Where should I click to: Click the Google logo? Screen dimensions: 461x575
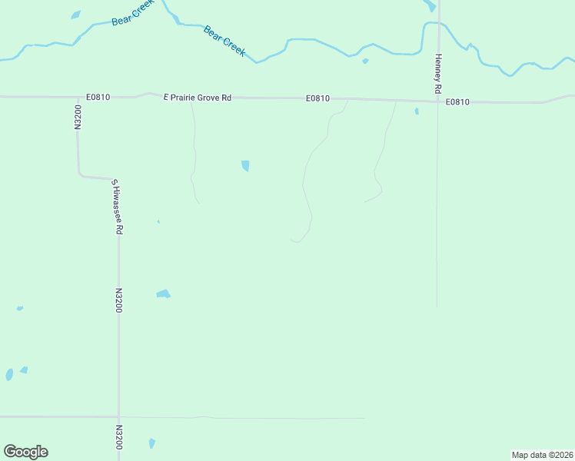(x=25, y=452)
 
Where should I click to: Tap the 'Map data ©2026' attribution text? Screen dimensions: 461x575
(x=542, y=455)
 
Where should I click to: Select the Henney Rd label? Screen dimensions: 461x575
(x=438, y=73)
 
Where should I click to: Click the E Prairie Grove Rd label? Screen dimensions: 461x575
(x=198, y=98)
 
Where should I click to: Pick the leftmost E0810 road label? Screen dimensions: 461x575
(x=98, y=97)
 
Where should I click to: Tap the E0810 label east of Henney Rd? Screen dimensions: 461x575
(x=457, y=101)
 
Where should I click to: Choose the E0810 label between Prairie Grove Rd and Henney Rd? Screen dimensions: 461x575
(x=317, y=98)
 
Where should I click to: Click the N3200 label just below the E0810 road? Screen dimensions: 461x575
(x=78, y=118)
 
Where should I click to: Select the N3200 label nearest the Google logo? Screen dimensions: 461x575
(x=119, y=437)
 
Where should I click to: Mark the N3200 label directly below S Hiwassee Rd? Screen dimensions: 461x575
(x=119, y=300)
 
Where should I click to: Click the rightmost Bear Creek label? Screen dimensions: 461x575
(x=224, y=41)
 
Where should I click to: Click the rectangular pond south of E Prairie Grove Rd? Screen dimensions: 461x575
(x=245, y=165)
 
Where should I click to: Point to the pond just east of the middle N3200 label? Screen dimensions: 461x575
(x=163, y=294)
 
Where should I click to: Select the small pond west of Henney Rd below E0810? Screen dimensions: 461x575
(x=417, y=111)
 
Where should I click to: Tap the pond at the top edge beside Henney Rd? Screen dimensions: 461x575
(x=430, y=5)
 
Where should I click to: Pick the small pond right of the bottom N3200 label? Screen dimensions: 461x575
(x=151, y=443)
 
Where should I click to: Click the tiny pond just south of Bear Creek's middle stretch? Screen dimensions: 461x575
(x=365, y=61)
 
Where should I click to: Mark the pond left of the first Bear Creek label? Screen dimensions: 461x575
(x=75, y=15)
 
